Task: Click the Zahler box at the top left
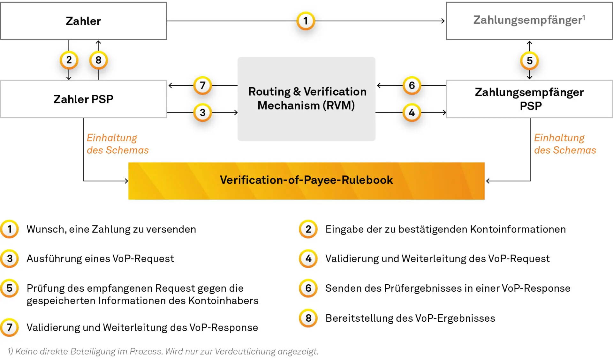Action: coord(83,21)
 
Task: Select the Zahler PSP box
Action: coord(83,99)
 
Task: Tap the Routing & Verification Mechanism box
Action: coord(306,99)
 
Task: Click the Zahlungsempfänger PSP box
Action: coord(529,99)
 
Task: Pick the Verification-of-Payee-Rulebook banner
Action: coord(306,180)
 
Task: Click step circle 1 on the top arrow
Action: coord(306,21)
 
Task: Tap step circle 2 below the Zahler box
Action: coord(69,60)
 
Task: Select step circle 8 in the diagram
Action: coord(98,60)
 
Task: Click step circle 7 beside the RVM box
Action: coord(202,86)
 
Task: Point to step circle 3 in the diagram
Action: coord(202,112)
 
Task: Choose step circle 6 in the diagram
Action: coord(412,86)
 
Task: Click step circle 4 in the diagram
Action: coord(412,112)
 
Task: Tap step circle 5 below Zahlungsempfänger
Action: coord(529,61)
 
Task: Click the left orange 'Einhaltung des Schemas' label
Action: coord(117,144)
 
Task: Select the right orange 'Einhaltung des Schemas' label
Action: coord(565,144)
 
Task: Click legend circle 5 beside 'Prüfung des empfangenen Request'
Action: coord(10,288)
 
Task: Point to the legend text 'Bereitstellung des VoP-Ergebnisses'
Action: coord(410,318)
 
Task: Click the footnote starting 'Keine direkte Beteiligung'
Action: coord(163,351)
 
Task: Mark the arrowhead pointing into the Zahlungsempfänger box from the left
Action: coord(443,21)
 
